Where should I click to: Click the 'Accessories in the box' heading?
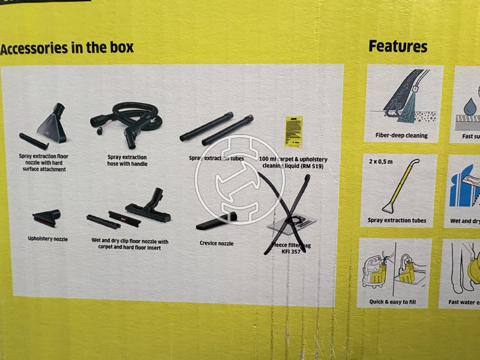67,48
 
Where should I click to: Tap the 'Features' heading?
398,46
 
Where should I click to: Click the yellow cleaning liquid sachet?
292,131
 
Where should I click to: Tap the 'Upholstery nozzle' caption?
48,239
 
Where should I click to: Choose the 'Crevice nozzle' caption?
216,243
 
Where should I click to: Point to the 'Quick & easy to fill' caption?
394,302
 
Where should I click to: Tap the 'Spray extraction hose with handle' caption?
127,160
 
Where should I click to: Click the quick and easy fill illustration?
394,268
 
